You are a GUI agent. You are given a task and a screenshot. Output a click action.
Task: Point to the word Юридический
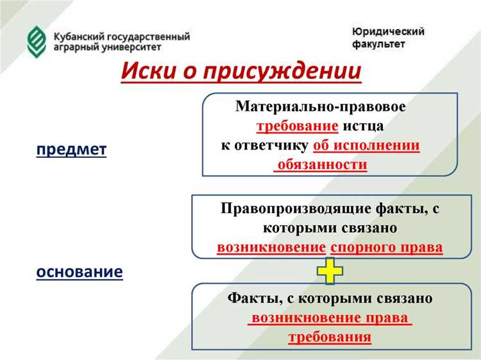(x=387, y=32)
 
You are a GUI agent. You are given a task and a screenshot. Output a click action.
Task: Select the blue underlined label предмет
(x=71, y=150)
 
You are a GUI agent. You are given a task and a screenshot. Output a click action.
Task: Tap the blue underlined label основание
(x=80, y=271)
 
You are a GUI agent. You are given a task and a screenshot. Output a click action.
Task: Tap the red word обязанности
(x=321, y=164)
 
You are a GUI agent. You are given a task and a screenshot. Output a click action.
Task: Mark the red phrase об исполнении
(x=366, y=145)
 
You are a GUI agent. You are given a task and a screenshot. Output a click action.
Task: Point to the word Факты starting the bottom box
(x=252, y=298)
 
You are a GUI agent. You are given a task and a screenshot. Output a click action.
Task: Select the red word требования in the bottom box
(x=330, y=337)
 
